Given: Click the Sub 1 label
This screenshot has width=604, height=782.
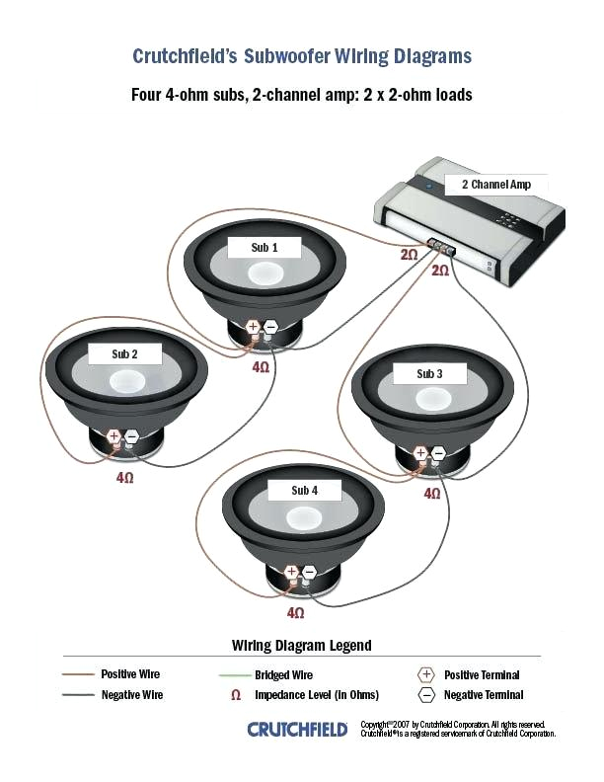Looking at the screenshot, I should [x=263, y=248].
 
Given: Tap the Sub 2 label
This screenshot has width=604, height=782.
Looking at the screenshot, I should [x=124, y=353].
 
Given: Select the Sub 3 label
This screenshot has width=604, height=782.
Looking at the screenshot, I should [x=429, y=374].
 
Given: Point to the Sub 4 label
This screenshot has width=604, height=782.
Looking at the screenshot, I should [x=304, y=490].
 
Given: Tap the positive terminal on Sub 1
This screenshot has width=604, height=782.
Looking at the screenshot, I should [x=254, y=326].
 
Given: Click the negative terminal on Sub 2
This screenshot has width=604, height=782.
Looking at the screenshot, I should [x=131, y=434].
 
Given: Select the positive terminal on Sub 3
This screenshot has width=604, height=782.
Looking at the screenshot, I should [x=421, y=453].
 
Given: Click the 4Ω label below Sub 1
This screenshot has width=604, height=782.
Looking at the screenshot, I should [x=261, y=366].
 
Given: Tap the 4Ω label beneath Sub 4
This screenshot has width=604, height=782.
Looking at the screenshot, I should [x=295, y=612].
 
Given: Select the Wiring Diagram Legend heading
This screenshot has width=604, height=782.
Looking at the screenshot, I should [x=302, y=646].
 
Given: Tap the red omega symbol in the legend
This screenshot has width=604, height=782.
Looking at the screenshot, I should [x=236, y=695].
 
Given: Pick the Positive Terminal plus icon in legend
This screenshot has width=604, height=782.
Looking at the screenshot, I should [x=426, y=675].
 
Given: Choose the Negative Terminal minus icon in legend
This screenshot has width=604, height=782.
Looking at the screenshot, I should [x=426, y=695].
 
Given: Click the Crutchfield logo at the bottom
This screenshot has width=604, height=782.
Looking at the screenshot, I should [x=297, y=730].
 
